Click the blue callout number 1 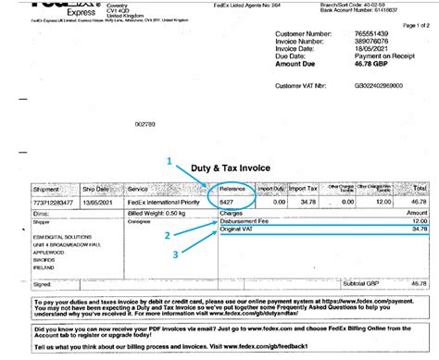point(169,159)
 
